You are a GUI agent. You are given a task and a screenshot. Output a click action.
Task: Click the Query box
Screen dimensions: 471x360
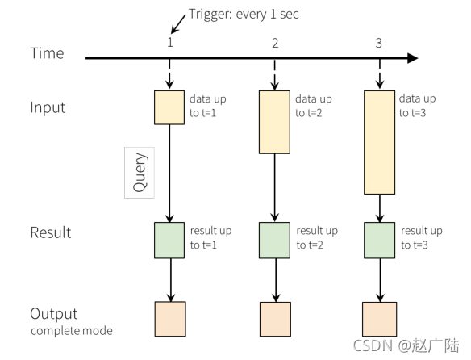[x=140, y=173]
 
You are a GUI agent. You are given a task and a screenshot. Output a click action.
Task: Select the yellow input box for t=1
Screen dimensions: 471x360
[x=169, y=107]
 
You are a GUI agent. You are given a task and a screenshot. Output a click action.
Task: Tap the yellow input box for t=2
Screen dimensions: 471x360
[x=274, y=122]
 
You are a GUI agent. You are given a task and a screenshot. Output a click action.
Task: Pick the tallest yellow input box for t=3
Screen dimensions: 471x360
[x=379, y=142]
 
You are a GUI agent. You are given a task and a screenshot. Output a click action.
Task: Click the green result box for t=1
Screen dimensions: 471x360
[x=169, y=241]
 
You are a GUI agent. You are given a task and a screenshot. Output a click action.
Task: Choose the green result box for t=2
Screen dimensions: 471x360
[x=274, y=241]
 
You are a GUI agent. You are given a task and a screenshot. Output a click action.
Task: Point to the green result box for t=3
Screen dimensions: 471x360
[x=379, y=241]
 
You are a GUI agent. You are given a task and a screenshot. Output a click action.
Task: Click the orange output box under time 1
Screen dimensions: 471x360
[x=170, y=319]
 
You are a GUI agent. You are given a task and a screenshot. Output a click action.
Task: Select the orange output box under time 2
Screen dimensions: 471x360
[x=275, y=319]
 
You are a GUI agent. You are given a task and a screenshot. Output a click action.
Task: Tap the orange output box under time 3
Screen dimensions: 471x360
[x=379, y=319]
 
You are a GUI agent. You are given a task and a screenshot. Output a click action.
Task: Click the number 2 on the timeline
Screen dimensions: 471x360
[x=275, y=44]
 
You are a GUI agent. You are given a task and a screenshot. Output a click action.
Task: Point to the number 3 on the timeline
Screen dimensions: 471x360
[x=379, y=44]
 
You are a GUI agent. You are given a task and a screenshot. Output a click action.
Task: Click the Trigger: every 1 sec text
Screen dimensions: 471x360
[x=244, y=15]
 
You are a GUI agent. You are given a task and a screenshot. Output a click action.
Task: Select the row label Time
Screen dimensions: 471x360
[x=47, y=53]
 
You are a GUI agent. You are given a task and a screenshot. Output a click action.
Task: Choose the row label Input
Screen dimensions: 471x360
[x=48, y=107]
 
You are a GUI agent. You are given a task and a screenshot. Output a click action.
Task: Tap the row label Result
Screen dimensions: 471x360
[x=51, y=232]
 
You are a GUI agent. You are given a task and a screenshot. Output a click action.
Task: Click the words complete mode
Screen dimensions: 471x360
[x=72, y=331]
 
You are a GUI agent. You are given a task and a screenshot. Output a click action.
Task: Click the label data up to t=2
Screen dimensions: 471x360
[x=314, y=106]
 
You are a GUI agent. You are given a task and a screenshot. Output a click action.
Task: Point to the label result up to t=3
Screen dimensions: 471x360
[x=422, y=237]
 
